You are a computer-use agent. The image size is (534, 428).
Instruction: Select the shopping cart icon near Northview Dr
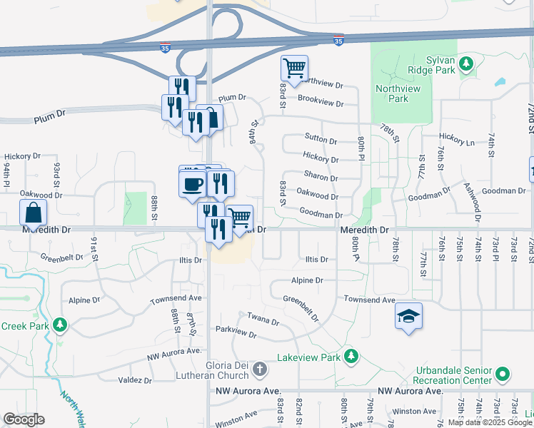tap(294, 68)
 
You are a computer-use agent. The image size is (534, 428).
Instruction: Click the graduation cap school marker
tap(408, 316)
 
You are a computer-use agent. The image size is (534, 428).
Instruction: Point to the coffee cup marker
tap(191, 183)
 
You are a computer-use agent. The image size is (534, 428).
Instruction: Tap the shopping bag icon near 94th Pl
tap(34, 212)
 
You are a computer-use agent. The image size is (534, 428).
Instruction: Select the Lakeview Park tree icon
tap(350, 355)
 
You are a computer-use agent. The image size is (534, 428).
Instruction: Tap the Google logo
tap(24, 419)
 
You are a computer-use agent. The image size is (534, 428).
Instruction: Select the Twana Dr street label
tap(263, 317)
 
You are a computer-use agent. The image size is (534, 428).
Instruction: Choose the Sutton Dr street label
tap(320, 140)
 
